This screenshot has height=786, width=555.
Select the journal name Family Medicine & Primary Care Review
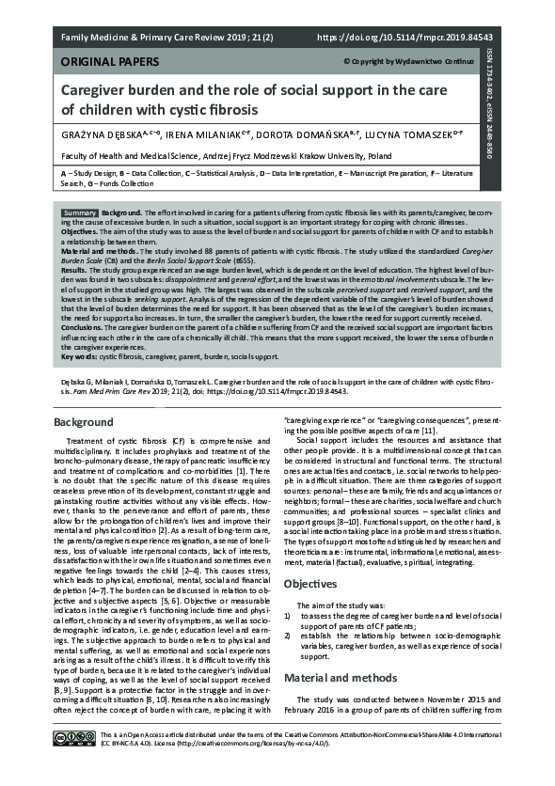[x=154, y=39]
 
